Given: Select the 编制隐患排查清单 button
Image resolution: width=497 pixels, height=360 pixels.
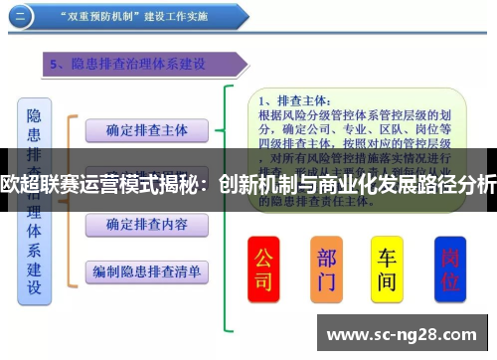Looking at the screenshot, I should click(x=146, y=270).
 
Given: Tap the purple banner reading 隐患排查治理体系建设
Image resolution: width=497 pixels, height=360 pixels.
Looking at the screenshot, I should click(x=139, y=65).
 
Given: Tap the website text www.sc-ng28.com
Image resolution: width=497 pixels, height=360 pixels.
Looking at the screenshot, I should click(x=404, y=333).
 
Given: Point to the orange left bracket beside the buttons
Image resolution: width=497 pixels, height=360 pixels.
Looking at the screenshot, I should click(x=70, y=199).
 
